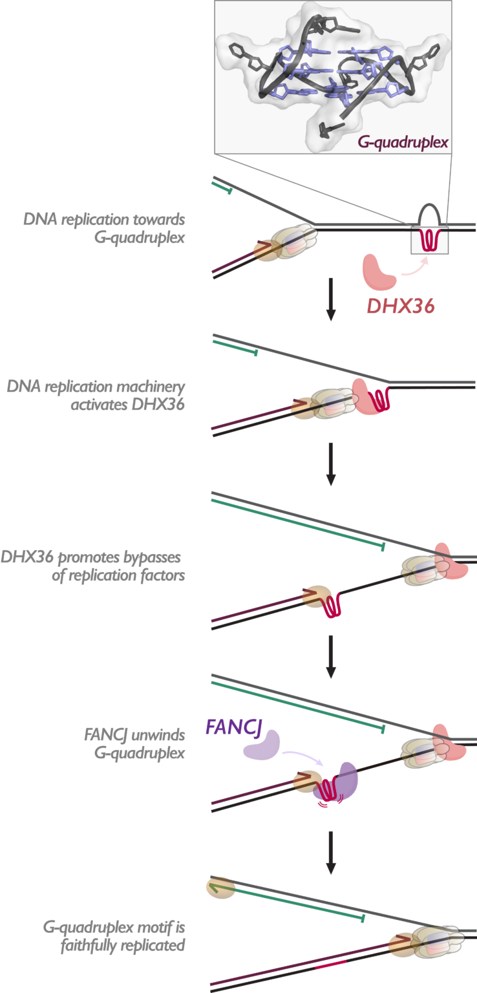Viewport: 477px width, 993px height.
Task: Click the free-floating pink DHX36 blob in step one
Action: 380,272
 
